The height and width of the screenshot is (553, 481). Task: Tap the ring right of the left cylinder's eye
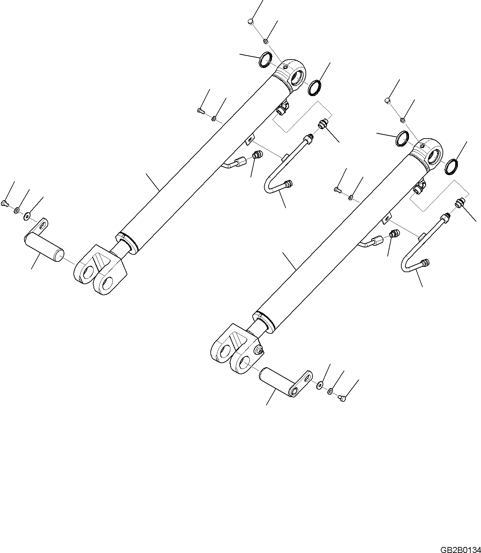(314, 87)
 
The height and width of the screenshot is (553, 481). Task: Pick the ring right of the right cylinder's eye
(451, 166)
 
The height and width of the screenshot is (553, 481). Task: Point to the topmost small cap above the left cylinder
(250, 22)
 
